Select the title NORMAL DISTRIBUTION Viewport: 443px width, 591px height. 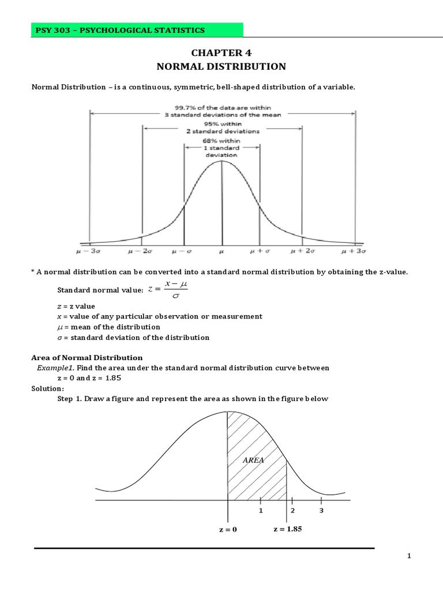click(x=221, y=66)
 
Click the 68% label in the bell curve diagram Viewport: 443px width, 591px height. click(x=221, y=140)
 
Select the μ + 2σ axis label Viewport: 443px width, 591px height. click(x=302, y=252)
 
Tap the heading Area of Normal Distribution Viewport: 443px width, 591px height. click(x=87, y=358)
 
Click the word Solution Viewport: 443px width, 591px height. click(x=47, y=389)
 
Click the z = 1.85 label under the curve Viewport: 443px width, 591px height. click(x=288, y=529)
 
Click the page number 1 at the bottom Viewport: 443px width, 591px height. click(x=409, y=556)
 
